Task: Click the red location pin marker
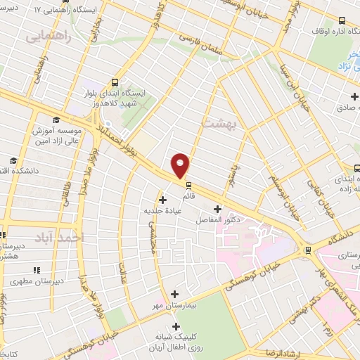[181, 165]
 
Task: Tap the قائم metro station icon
[188, 186]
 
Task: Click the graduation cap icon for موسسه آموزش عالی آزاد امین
[56, 120]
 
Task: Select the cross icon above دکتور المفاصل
[217, 209]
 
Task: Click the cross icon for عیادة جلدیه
[162, 200]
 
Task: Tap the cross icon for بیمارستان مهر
[175, 295]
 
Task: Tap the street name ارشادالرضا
[278, 352]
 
